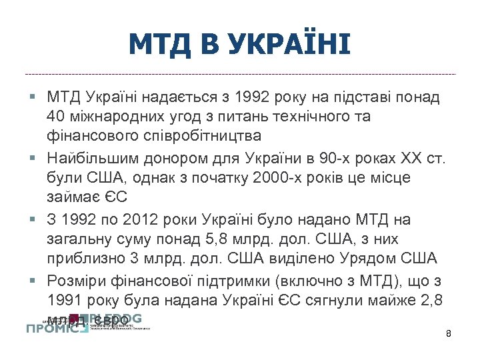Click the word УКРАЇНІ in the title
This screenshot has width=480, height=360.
point(288,44)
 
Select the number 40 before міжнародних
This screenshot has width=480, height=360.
point(57,116)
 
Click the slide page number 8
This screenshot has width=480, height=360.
point(449,332)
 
